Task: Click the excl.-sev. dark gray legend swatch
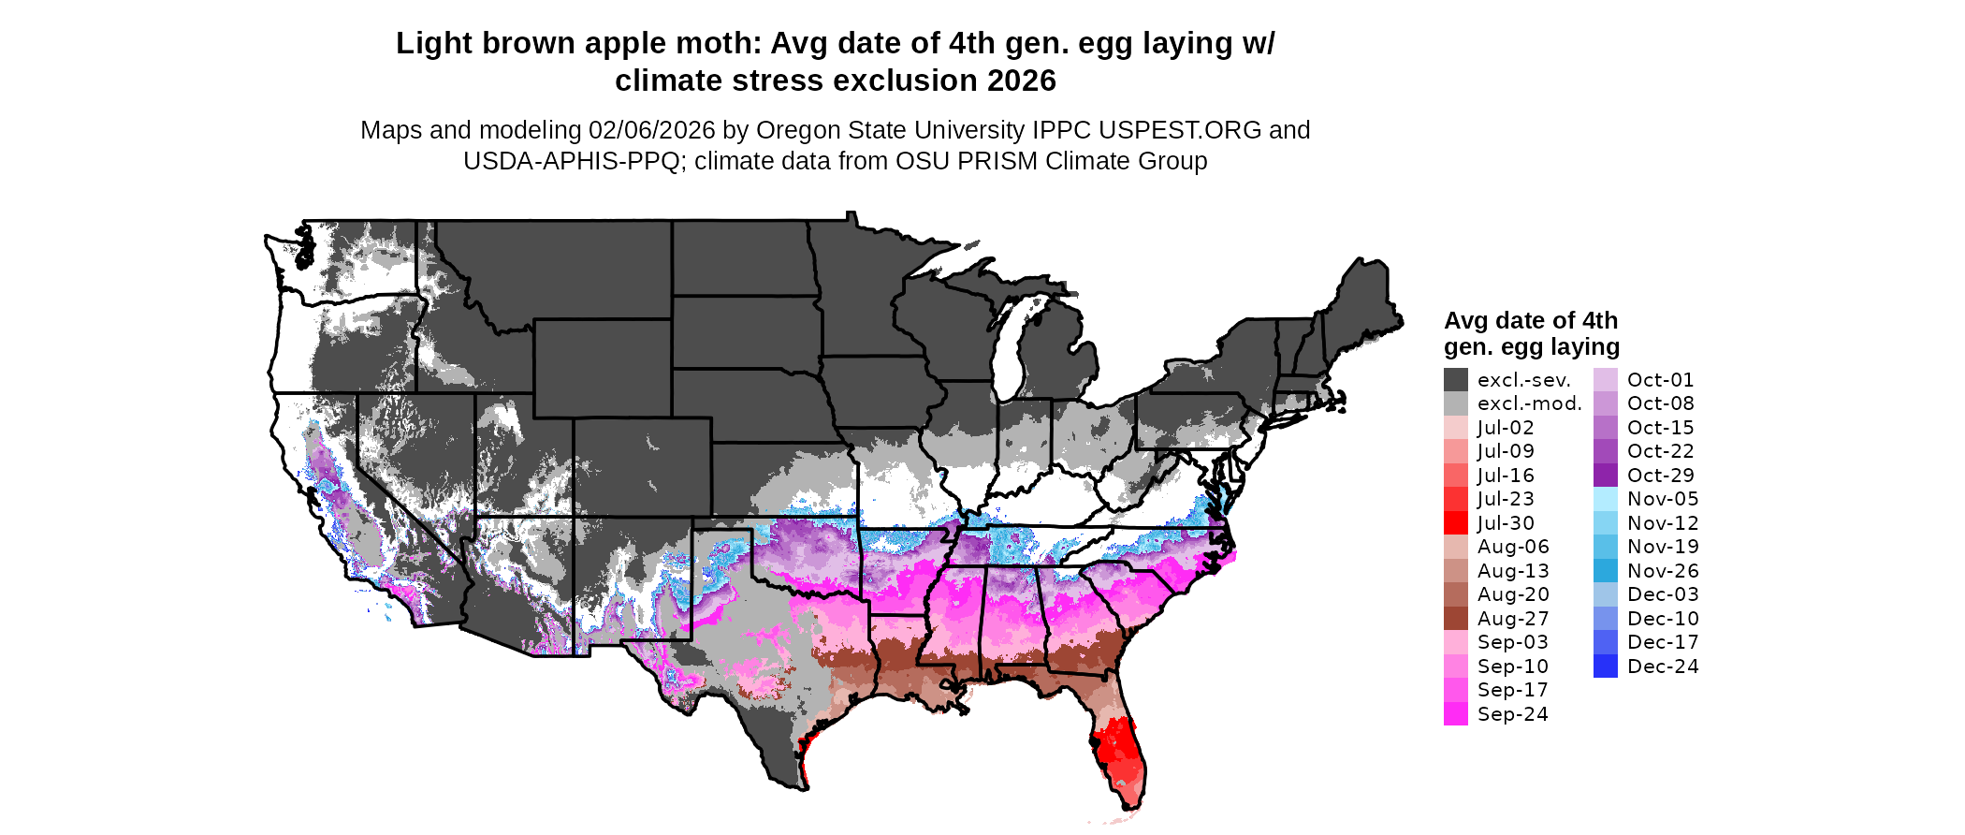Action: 1455,380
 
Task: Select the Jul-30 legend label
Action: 1506,523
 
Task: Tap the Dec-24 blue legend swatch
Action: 1605,667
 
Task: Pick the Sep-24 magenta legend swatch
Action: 1455,714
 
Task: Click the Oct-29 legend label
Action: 1660,476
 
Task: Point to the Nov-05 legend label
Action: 1662,499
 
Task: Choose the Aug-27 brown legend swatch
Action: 1455,619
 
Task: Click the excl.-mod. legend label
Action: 1529,403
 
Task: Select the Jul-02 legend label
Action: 1506,428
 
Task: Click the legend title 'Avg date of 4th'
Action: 1530,320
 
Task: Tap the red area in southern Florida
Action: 1118,749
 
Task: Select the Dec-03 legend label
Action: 1662,594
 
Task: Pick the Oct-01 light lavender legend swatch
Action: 1605,380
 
